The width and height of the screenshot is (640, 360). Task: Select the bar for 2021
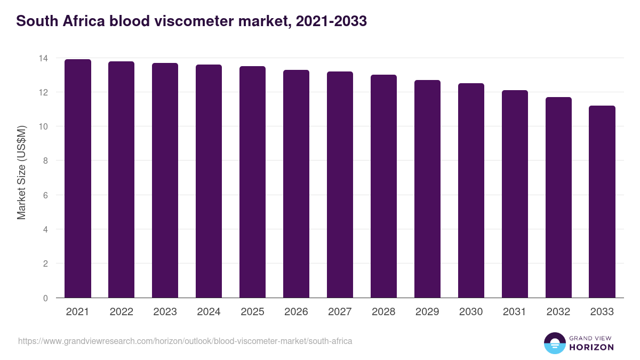pos(78,179)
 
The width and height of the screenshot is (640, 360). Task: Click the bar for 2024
pos(209,181)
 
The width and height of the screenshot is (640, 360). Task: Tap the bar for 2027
pos(340,185)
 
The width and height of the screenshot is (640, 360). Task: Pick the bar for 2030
pos(471,190)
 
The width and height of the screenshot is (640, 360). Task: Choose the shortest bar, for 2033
pos(602,202)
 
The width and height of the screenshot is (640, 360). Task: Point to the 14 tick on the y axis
pos(45,58)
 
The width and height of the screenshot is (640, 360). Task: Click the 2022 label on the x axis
pos(122,312)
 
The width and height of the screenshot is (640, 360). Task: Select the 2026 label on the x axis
pos(296,312)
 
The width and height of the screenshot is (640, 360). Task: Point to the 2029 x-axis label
pos(427,312)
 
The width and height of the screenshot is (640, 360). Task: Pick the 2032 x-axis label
pos(558,312)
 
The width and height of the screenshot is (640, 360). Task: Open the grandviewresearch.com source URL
pos(185,341)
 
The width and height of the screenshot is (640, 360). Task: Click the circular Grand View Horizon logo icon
pos(554,343)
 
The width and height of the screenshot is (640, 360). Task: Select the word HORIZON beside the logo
pos(591,347)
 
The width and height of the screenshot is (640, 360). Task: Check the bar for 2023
pos(165,180)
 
